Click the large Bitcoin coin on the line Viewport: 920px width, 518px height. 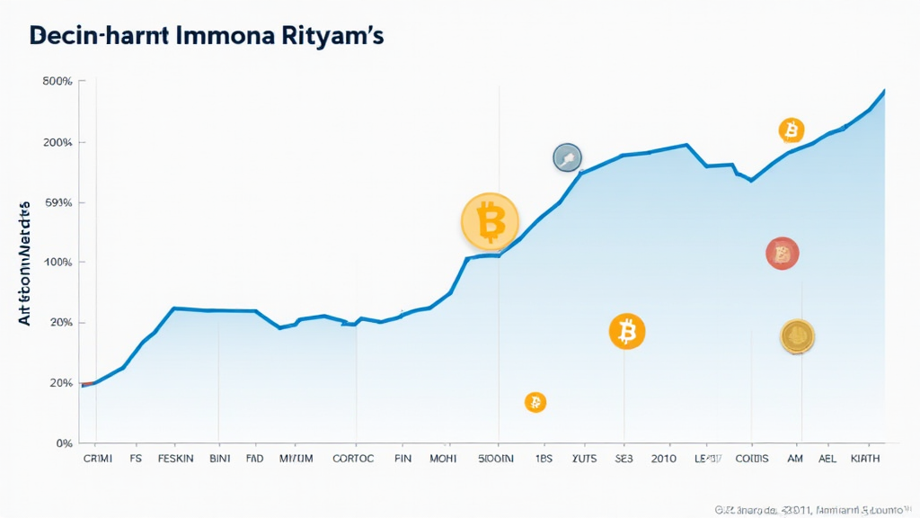tap(490, 221)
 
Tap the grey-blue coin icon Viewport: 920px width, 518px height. tap(567, 158)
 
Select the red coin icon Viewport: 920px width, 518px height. tap(782, 254)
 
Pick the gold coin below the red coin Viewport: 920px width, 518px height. tap(797, 336)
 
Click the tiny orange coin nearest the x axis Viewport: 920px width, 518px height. tap(535, 402)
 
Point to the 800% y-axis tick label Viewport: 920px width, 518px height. tap(57, 82)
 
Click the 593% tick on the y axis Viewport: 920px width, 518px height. tap(57, 202)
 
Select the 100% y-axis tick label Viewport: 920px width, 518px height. tap(57, 263)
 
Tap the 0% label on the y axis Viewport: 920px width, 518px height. tap(63, 443)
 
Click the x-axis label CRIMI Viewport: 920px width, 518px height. tap(98, 459)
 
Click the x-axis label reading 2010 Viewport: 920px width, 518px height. tap(665, 459)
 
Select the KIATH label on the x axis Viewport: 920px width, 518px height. tap(864, 459)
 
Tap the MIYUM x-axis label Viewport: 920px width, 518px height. tap(296, 459)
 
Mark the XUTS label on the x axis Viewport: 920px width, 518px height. tap(584, 459)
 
